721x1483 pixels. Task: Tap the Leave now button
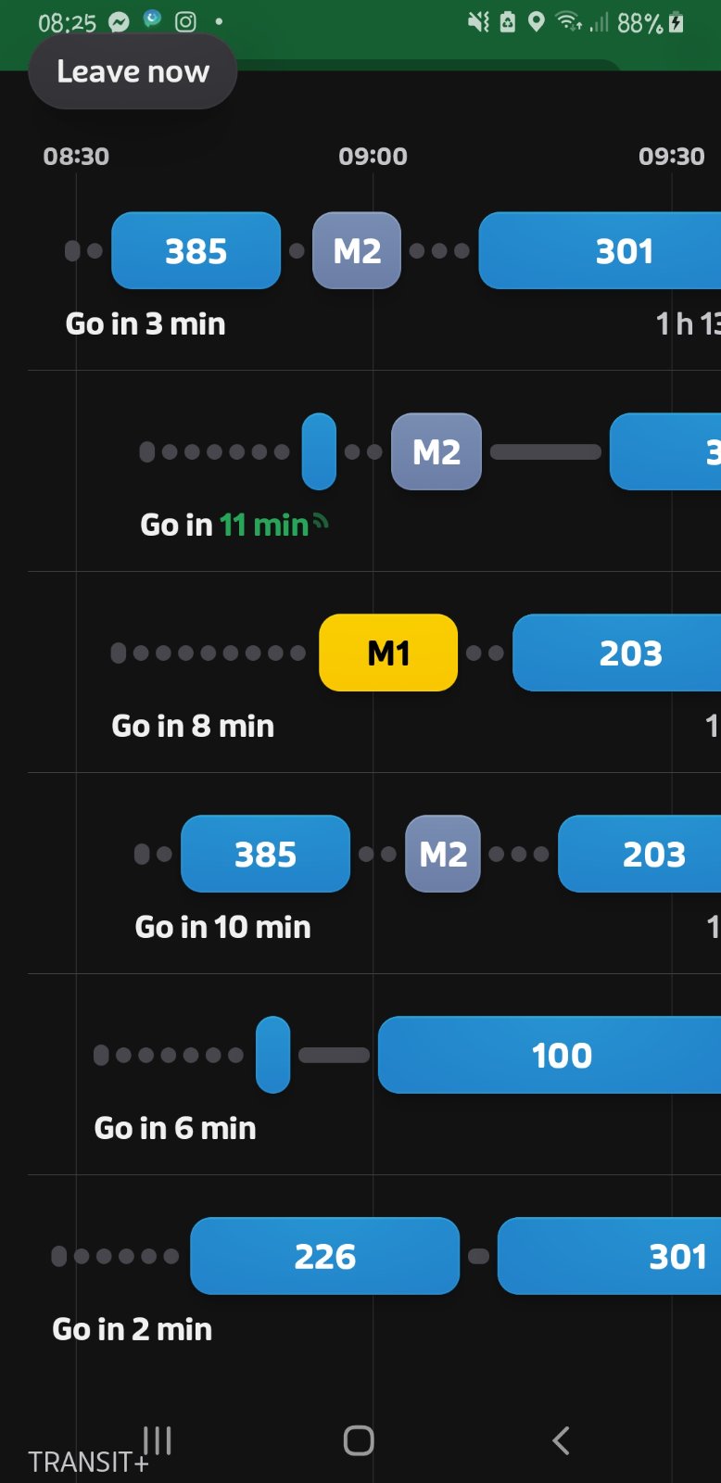[133, 71]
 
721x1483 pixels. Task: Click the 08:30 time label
[76, 157]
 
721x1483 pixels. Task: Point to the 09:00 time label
[373, 157]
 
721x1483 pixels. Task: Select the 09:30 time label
[671, 157]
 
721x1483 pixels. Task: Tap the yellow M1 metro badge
[388, 653]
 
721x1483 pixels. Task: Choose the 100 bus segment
[550, 1055]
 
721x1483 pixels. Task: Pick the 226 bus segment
[324, 1256]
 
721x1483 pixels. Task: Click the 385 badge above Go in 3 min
[196, 251]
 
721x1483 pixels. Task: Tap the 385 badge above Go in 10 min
[265, 854]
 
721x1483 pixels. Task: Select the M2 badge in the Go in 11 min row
[436, 451]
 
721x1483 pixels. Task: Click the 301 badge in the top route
[600, 251]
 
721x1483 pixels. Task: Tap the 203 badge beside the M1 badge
[617, 653]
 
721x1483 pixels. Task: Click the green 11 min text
[264, 525]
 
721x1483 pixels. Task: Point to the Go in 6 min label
[175, 1128]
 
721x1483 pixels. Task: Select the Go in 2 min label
[133, 1329]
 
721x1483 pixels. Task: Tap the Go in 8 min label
[193, 727]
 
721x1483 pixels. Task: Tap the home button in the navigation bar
[359, 1440]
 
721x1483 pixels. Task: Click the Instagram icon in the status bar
[185, 22]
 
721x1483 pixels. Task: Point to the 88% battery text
[639, 24]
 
